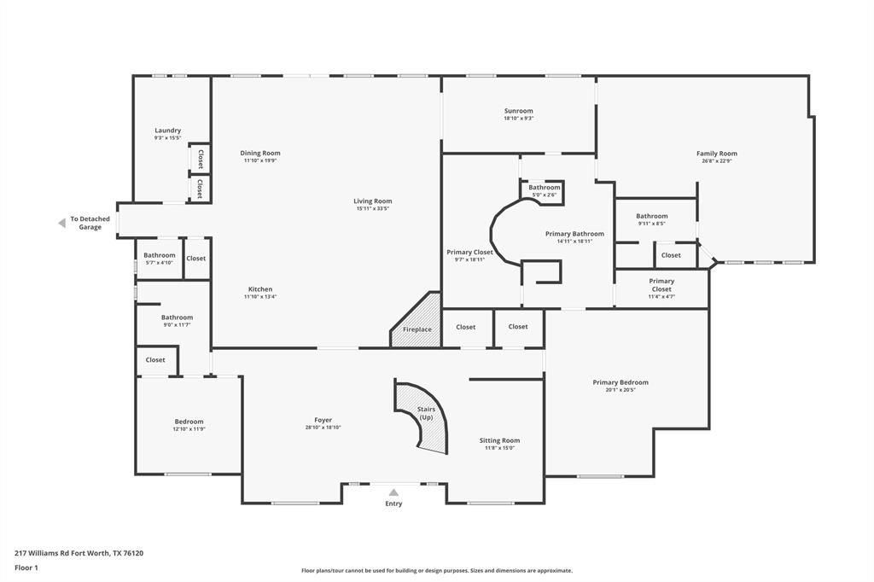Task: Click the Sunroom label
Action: click(518, 111)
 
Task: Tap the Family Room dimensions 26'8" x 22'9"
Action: click(716, 161)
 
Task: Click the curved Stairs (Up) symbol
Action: click(424, 418)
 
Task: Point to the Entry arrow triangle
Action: click(393, 492)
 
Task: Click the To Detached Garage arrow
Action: click(61, 223)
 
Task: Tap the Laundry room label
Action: click(167, 131)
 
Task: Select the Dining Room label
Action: click(260, 153)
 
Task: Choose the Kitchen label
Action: click(260, 289)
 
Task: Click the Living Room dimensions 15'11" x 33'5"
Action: click(372, 208)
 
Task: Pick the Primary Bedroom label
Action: click(621, 382)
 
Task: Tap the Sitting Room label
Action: click(499, 440)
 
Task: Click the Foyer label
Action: click(323, 420)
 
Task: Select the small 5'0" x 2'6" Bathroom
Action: click(544, 190)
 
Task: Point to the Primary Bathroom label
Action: click(574, 234)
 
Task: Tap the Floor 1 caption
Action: click(27, 567)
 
